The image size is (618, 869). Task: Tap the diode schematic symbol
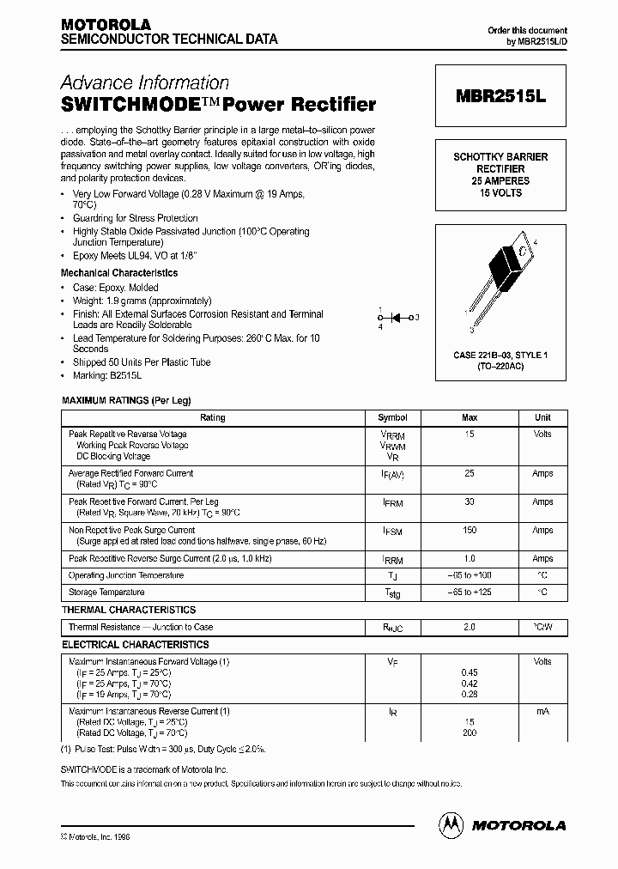(x=397, y=318)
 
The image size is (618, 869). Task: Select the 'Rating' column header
(x=212, y=418)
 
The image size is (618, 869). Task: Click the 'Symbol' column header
(x=392, y=418)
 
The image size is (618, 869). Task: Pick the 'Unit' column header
(x=542, y=418)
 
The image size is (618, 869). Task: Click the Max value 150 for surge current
(x=470, y=531)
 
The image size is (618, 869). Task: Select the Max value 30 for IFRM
(x=470, y=502)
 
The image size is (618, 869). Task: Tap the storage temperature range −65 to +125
(x=470, y=592)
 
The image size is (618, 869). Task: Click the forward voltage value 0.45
(x=470, y=673)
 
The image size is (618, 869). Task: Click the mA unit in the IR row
(x=542, y=712)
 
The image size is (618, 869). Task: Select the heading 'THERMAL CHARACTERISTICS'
(x=129, y=610)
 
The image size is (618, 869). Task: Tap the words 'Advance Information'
(x=144, y=83)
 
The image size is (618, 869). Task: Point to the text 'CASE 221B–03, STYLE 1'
(x=500, y=355)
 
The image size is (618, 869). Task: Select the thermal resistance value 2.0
(x=470, y=628)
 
